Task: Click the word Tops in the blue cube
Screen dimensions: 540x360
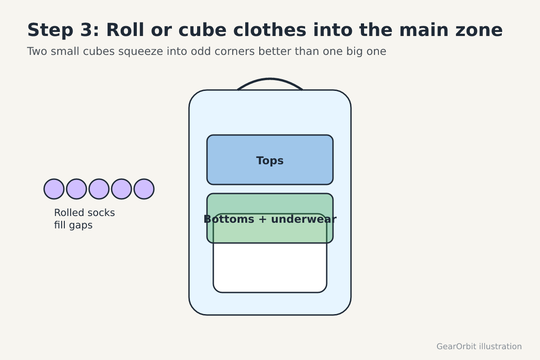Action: (270, 161)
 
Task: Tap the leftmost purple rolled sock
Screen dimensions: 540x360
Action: (54, 189)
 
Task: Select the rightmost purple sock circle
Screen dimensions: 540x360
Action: (144, 189)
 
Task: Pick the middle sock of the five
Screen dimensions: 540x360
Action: (99, 189)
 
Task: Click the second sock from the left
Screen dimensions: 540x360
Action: (76, 189)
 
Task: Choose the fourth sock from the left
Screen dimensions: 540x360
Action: (121, 189)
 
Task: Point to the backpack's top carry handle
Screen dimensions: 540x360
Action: (270, 79)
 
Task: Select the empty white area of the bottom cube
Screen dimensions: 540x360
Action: (270, 267)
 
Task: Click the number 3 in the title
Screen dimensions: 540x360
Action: (86, 30)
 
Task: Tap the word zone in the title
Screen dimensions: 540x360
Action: (479, 31)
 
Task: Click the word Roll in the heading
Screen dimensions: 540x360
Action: (125, 30)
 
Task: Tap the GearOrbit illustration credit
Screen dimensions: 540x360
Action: (479, 346)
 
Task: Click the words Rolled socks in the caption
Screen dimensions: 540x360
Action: (85, 213)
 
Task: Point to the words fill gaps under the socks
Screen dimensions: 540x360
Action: (73, 225)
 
